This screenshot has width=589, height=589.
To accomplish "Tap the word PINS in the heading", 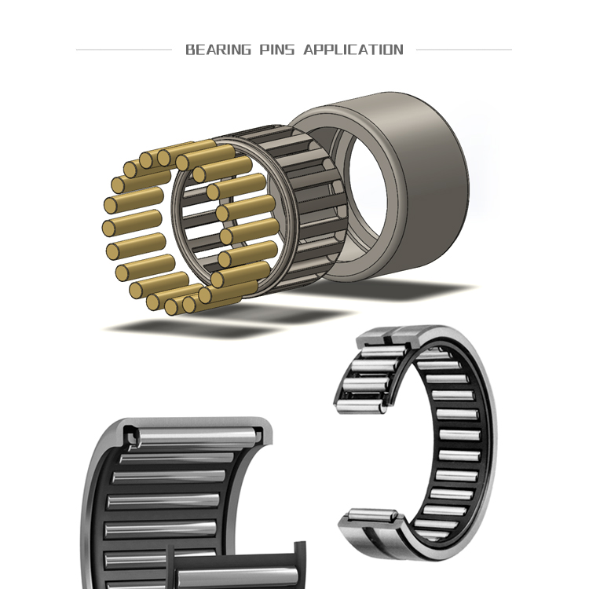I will (276, 50).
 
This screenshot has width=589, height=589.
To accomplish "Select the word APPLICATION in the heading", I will (353, 50).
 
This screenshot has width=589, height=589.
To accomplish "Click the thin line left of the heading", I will (123, 50).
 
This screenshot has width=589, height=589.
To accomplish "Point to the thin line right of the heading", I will (463, 50).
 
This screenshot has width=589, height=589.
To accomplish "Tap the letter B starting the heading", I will (190, 50).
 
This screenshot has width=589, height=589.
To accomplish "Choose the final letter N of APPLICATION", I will (398, 50).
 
